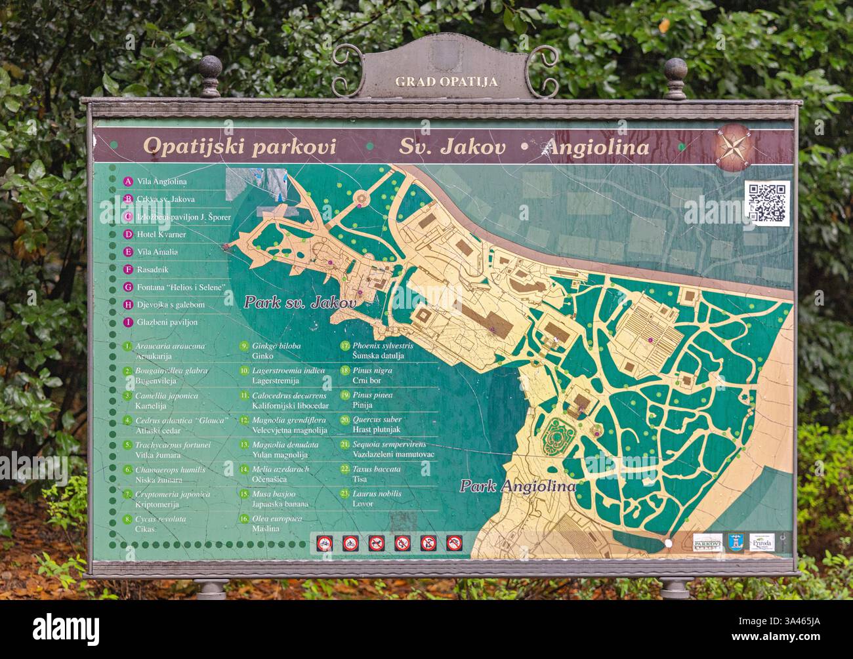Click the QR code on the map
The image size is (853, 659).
pos(766,204)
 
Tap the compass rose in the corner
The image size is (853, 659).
pos(735,145)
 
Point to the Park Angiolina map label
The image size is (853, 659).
pos(517,487)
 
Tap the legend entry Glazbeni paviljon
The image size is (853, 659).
pos(167,322)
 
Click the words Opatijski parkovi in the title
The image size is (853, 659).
pos(239,146)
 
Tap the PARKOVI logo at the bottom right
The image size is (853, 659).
pos(707,542)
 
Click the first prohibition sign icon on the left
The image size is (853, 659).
pos(323,543)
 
